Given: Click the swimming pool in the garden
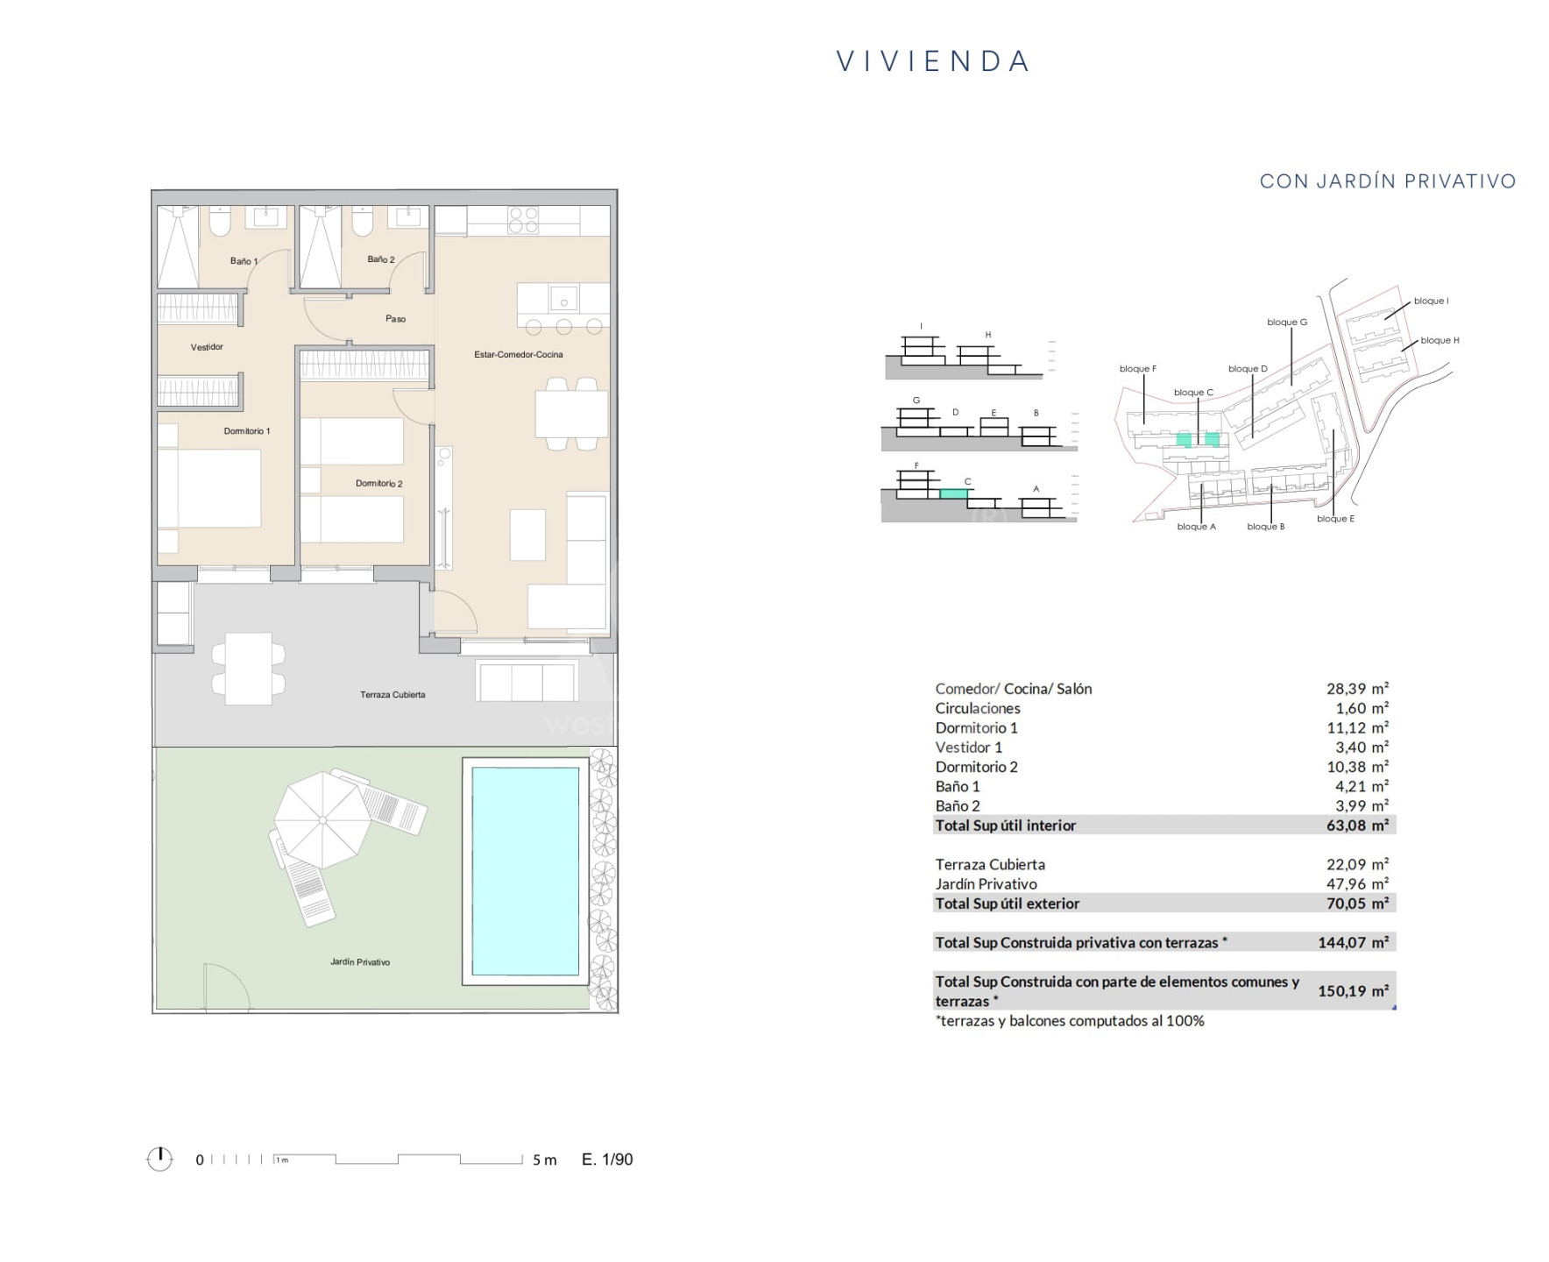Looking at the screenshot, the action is click(x=526, y=871).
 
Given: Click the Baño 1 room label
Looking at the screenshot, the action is click(x=244, y=261).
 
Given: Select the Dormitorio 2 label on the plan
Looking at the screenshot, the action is click(x=379, y=484).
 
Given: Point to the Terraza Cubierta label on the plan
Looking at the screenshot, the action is click(x=393, y=695).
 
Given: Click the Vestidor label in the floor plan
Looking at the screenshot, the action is click(x=207, y=347).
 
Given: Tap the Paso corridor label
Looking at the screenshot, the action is click(x=395, y=319).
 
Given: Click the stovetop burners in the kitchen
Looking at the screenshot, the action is click(x=523, y=219).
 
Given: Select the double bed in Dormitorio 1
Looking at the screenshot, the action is click(x=210, y=488).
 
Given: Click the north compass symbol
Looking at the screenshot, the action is click(x=159, y=1159).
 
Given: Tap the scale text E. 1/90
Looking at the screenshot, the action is click(x=607, y=1159).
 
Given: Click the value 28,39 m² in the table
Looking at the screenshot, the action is click(x=1357, y=689).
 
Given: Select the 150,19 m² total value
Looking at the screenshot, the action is click(x=1354, y=991).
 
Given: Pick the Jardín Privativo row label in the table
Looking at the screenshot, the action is click(x=986, y=884).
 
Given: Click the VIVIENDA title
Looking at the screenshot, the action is click(x=934, y=61).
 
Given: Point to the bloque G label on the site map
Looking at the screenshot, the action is click(x=1287, y=323).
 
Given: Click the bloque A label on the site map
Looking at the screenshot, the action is click(x=1196, y=527).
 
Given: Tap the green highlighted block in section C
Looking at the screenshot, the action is click(x=954, y=494).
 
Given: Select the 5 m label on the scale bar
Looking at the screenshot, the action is click(x=544, y=1160).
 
